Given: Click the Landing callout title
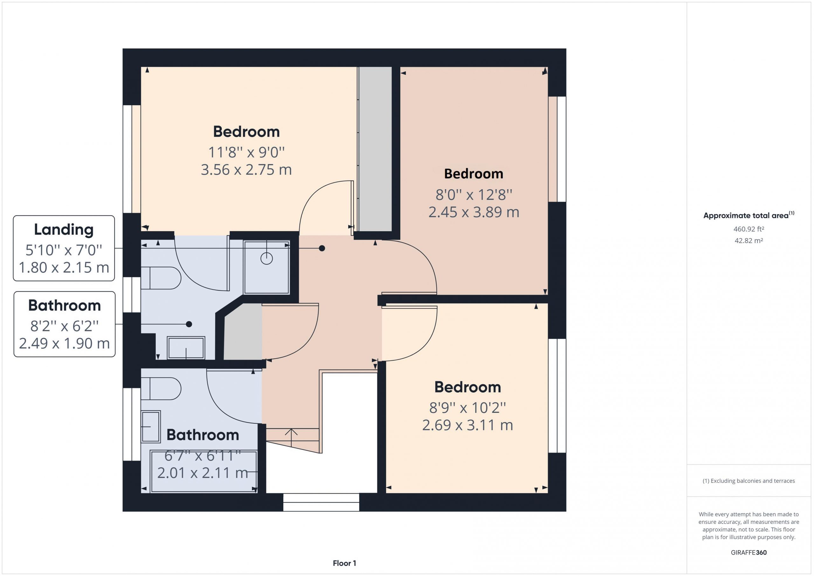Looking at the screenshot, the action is pyautogui.click(x=64, y=230).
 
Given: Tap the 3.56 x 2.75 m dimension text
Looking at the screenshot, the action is pyautogui.click(x=246, y=170).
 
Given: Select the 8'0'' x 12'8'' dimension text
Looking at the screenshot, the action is pyautogui.click(x=474, y=194).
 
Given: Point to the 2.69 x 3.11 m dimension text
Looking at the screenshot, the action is pyautogui.click(x=468, y=425).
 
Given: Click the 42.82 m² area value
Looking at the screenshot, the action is pyautogui.click(x=749, y=240).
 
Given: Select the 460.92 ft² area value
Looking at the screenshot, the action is pyautogui.click(x=749, y=229).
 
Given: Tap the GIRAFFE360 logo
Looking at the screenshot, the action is pyautogui.click(x=749, y=552).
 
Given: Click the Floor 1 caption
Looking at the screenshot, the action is pyautogui.click(x=344, y=563).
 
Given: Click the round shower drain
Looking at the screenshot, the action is pyautogui.click(x=266, y=259).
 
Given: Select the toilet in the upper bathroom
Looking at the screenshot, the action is pyautogui.click(x=161, y=278).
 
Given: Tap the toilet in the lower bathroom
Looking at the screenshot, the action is pyautogui.click(x=161, y=389).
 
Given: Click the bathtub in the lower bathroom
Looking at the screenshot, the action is pyautogui.click(x=203, y=471).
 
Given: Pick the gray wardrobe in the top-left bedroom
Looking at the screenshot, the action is pyautogui.click(x=375, y=149).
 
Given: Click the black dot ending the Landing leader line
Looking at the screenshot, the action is pyautogui.click(x=322, y=248).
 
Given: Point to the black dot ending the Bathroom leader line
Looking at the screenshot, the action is pyautogui.click(x=189, y=324).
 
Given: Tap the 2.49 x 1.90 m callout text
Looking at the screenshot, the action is pyautogui.click(x=65, y=343).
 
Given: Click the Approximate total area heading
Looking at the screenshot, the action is pyautogui.click(x=749, y=215).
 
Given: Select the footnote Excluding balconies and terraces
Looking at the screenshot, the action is pyautogui.click(x=749, y=481).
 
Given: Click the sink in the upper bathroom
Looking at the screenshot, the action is pyautogui.click(x=186, y=348).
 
